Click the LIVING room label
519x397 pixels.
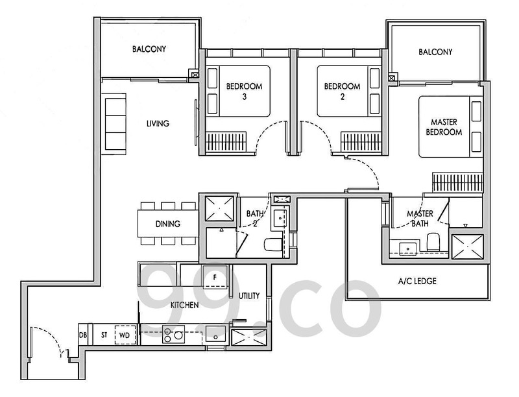click(x=158, y=123)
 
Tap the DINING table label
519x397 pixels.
click(x=168, y=224)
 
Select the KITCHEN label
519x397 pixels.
click(x=184, y=305)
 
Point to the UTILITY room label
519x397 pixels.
click(x=249, y=296)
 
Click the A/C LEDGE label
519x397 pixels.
click(x=417, y=282)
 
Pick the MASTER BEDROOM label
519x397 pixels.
click(x=444, y=127)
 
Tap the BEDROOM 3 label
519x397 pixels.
click(x=245, y=91)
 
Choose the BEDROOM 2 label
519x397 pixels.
click(x=343, y=91)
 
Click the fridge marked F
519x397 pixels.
click(x=215, y=276)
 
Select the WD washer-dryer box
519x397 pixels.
click(x=125, y=335)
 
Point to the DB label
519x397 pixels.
click(x=83, y=335)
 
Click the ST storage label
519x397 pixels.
click(x=104, y=335)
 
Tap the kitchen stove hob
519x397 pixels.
click(x=173, y=334)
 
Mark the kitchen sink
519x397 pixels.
click(x=215, y=334)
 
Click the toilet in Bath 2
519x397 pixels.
click(x=273, y=244)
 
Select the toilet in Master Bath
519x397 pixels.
click(x=433, y=241)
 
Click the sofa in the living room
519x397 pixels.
click(x=114, y=124)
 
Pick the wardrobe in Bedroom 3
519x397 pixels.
click(x=226, y=141)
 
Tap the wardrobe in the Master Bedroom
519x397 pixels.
click(x=458, y=182)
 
